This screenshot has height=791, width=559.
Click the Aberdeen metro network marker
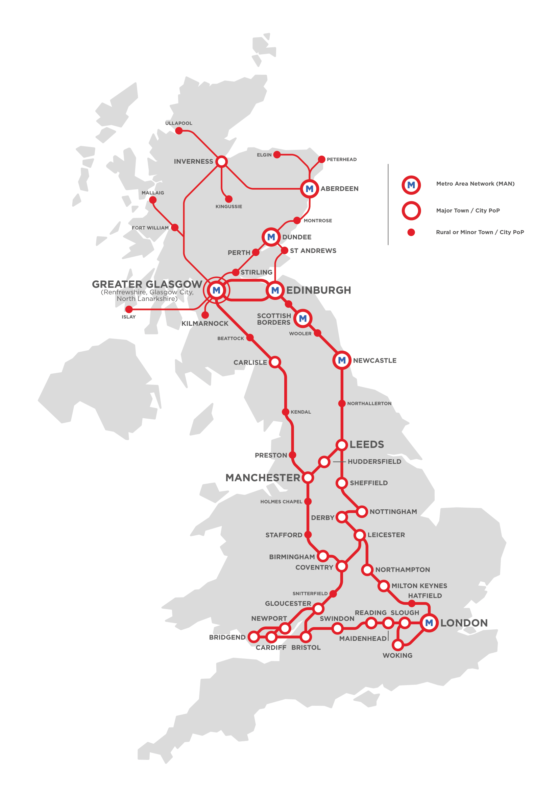click(x=309, y=188)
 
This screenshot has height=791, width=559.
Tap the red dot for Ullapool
click(x=179, y=131)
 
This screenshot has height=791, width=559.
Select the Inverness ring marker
click(x=222, y=161)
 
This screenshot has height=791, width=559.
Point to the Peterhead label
click(x=341, y=159)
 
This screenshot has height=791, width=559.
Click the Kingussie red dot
click(x=228, y=199)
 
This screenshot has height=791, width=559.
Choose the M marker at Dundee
click(x=271, y=237)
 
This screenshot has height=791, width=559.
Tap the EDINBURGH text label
click(x=318, y=290)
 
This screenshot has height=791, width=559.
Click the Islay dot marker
click(x=129, y=309)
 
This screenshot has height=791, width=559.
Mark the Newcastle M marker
click(x=341, y=360)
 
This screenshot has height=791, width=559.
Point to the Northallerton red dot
click(x=341, y=403)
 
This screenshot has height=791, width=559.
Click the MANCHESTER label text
click(x=263, y=478)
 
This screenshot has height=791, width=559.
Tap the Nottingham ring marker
click(x=361, y=511)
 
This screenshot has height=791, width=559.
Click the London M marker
click(x=429, y=623)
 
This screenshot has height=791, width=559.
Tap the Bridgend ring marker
click(x=254, y=637)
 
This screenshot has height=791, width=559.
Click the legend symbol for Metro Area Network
click(x=411, y=185)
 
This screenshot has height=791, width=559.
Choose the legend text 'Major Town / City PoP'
click(x=468, y=210)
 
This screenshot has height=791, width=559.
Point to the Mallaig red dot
click(x=153, y=200)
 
